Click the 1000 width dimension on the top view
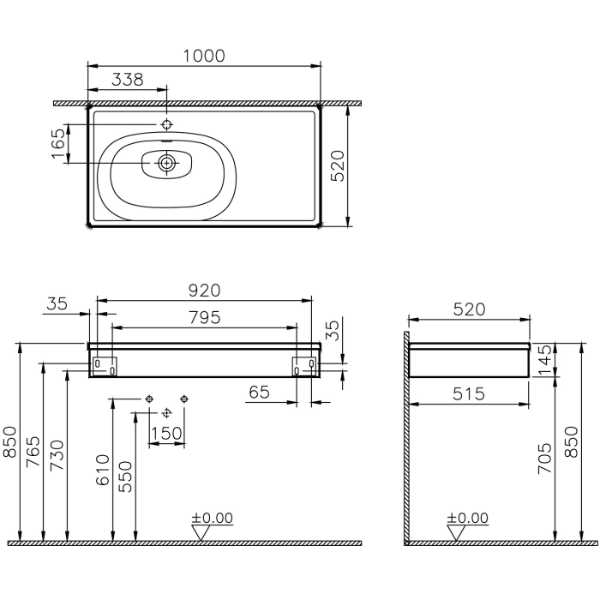click(204, 56)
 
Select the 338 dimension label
click(128, 80)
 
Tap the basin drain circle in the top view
click(166, 160)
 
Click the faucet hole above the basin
click(166, 124)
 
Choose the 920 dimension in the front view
click(204, 291)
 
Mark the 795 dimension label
click(204, 317)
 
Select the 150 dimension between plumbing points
click(166, 433)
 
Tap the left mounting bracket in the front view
click(104, 365)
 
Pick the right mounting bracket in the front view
click(305, 365)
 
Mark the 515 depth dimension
click(468, 393)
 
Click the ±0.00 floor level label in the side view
click(467, 519)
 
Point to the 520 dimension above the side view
click(468, 309)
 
